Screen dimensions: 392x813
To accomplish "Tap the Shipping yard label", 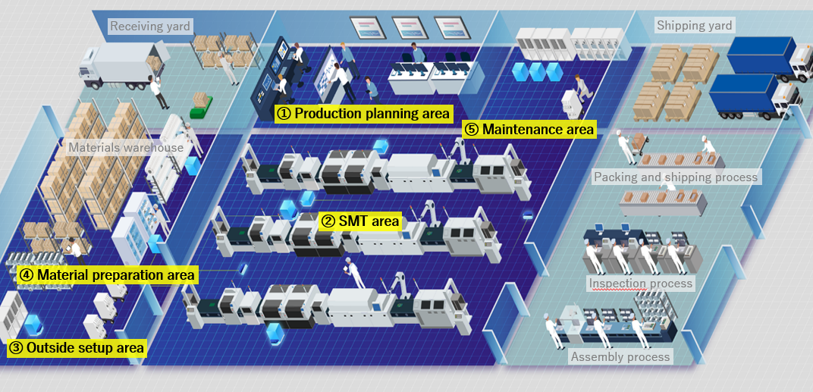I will pos(694,26).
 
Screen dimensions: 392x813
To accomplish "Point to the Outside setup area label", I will pos(76,348).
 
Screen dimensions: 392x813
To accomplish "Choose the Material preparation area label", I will pos(107,274).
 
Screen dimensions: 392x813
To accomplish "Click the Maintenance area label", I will pos(528,129).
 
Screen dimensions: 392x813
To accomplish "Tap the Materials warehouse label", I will pos(126,147).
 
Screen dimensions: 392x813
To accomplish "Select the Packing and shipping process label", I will pos(675,177).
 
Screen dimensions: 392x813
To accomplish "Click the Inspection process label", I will pos(641,284).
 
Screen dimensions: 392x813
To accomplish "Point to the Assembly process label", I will pos(620,356).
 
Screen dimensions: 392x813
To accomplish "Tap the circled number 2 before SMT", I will pos(328,221).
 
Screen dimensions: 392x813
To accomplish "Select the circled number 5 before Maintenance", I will pos(472,129).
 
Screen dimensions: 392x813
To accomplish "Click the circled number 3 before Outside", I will pos(15,348).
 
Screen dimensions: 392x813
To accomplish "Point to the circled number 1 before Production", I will pos(284,114).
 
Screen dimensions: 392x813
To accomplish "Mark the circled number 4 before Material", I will pos(26,274).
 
